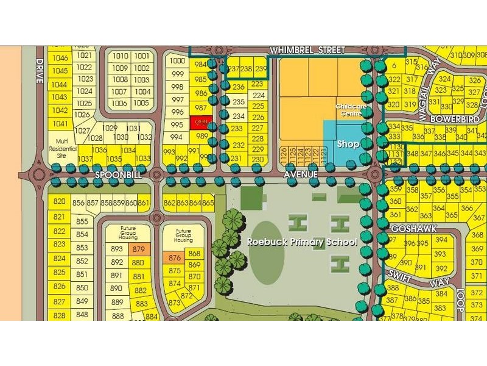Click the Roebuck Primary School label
(x=301, y=241)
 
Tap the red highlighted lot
(x=201, y=122)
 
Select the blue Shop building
(x=348, y=144)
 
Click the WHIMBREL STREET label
(x=307, y=49)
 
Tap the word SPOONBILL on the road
(x=117, y=174)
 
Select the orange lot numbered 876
(x=175, y=258)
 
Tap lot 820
(x=59, y=202)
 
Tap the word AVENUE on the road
(x=301, y=174)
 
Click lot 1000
(x=177, y=60)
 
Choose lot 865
(x=208, y=203)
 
